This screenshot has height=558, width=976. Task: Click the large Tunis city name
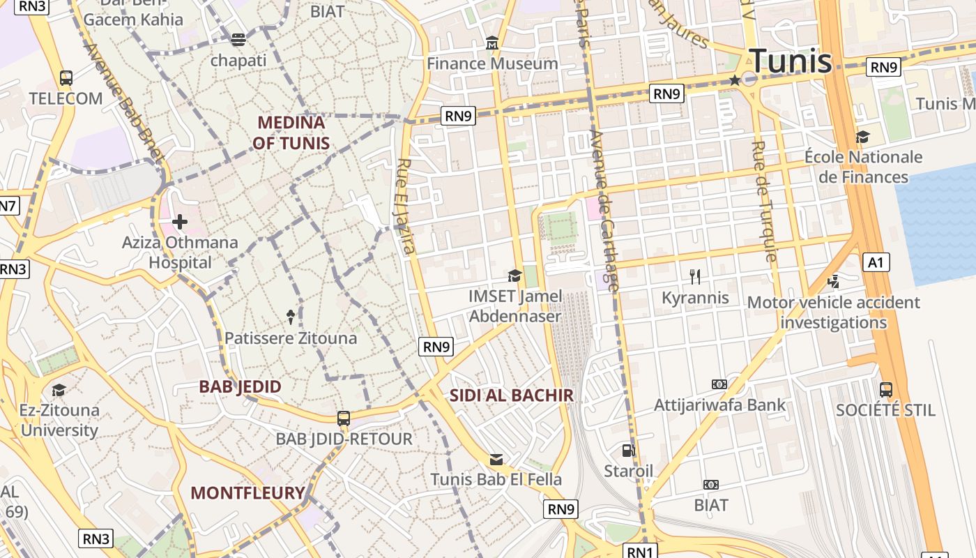point(790,61)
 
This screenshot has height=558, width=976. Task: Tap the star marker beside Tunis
point(735,81)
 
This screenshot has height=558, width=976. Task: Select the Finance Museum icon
point(493,44)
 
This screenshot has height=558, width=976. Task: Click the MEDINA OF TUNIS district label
point(291,133)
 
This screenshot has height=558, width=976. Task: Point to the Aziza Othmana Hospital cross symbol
point(180,223)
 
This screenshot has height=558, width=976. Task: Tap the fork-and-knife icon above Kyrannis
point(695,277)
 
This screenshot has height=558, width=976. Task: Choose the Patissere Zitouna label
point(291,338)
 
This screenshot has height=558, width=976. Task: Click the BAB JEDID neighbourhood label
point(241,386)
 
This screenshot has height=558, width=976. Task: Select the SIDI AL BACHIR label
point(511,395)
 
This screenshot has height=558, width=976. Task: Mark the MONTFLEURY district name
point(248,493)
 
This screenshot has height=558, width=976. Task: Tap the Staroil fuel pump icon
point(629,451)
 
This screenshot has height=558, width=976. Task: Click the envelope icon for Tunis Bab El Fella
point(496,460)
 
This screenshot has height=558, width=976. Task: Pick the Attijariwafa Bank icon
point(719,384)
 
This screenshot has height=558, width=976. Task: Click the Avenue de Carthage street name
point(604,209)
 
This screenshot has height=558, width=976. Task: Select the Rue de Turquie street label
point(764,201)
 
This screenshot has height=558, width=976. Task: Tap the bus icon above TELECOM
point(66,78)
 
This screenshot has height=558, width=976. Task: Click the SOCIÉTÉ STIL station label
point(885,410)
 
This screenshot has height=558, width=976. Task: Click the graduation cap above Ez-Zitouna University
point(59,390)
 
